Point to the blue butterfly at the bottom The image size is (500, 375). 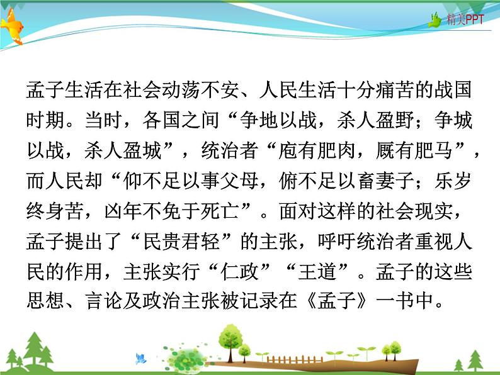pos(140,358)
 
